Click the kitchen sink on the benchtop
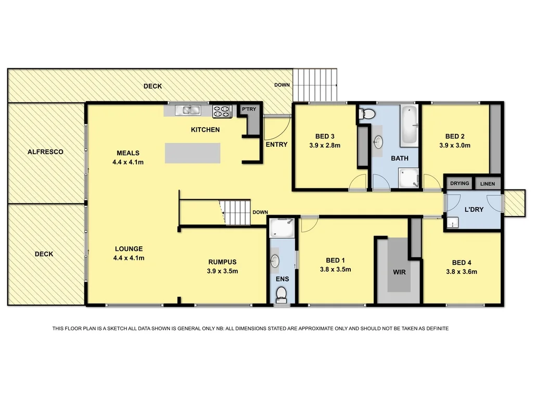188,109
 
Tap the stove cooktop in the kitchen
222,111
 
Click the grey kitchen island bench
193,153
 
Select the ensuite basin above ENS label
276,260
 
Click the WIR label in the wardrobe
399,272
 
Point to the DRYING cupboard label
459,183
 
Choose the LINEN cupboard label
488,183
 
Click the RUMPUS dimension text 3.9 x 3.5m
223,271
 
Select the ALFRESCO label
45,152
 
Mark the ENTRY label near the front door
276,144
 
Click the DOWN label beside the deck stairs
282,85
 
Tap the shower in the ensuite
281,228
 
